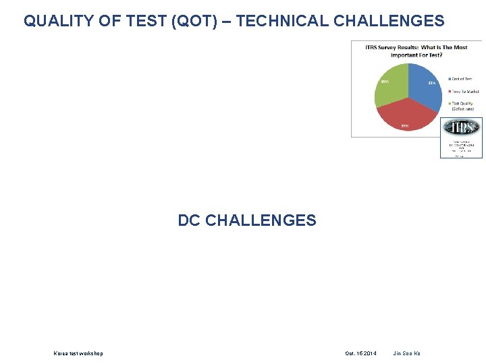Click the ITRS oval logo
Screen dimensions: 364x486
click(x=461, y=128)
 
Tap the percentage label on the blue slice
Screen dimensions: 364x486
click(x=431, y=82)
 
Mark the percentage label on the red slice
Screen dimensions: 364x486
click(x=405, y=126)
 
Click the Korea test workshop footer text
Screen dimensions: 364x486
click(x=78, y=353)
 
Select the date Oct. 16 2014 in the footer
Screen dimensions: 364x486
click(x=360, y=353)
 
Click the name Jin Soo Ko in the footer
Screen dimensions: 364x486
click(x=406, y=353)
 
